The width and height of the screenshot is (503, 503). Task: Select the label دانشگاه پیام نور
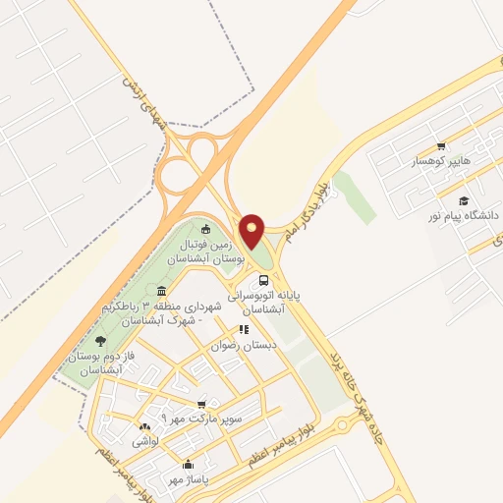point(464,214)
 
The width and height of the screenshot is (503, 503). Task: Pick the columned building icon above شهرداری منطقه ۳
point(160,292)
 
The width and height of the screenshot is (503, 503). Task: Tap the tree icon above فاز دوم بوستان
point(100,341)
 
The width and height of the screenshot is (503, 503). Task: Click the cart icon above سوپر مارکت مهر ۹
point(202,404)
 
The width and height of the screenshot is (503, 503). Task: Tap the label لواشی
point(146,442)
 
